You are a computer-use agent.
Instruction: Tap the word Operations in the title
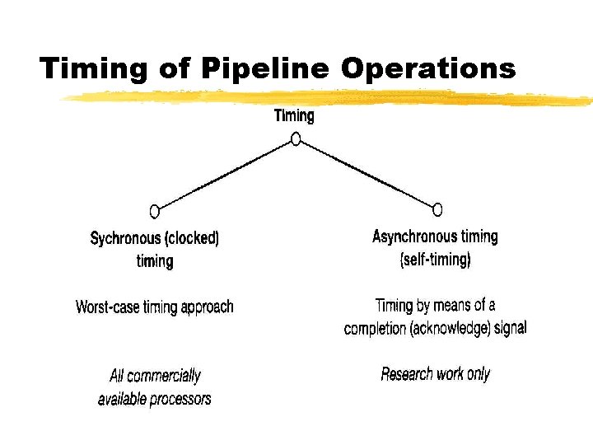pos(428,68)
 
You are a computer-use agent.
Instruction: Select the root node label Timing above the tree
pos(294,116)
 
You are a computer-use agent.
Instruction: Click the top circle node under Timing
pos(296,139)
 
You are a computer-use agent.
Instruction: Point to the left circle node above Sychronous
pos(154,211)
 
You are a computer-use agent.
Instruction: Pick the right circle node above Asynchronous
pos(437,209)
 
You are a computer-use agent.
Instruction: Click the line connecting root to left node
pos(224,176)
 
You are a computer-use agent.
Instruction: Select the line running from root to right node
pos(367,174)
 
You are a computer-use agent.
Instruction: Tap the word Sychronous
pos(126,239)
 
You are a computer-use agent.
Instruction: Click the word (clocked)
pos(192,239)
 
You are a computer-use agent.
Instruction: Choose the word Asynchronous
pos(414,237)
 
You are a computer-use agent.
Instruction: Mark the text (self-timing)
pos(435,260)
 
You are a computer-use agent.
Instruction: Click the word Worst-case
pos(109,307)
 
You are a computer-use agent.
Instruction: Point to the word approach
pos(206,307)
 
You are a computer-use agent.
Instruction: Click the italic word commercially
pos(166,376)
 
